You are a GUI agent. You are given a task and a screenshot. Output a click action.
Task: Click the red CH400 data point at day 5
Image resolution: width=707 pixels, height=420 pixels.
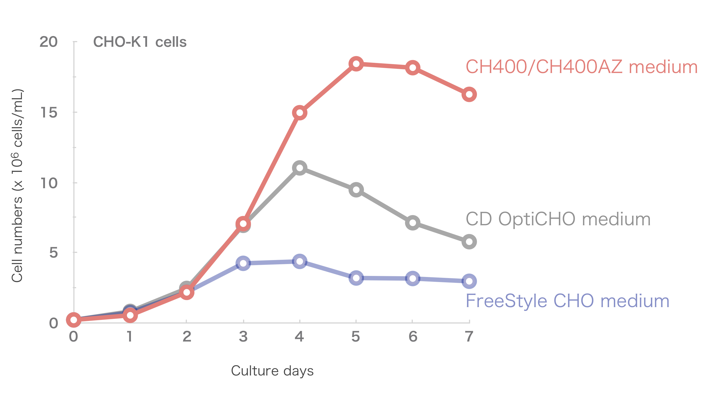point(356,64)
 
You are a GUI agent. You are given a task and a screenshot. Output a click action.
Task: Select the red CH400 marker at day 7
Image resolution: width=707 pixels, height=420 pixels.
point(469,94)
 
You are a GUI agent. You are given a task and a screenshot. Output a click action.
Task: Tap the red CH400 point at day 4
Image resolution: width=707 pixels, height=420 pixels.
point(299,113)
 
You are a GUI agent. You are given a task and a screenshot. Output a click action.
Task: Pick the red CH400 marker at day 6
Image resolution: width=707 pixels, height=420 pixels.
point(412,68)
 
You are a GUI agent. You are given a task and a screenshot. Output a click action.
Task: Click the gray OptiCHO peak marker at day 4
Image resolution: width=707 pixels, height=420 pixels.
point(299,168)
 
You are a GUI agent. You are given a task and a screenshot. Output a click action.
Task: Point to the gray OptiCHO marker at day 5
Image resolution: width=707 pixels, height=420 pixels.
point(356,190)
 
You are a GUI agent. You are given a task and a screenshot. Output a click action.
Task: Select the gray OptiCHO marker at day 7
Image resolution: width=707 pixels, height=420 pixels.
point(469,242)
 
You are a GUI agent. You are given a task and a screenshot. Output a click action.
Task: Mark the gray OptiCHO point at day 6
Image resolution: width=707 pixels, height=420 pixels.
point(412,223)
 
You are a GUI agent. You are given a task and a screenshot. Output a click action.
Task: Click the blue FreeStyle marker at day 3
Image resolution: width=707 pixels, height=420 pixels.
point(243,263)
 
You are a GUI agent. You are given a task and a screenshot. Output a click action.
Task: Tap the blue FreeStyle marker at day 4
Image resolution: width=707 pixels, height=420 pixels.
point(299,261)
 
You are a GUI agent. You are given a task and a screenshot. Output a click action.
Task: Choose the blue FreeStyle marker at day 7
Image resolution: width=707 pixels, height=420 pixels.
point(469,281)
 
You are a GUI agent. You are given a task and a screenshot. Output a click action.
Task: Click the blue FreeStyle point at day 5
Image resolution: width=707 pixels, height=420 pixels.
point(356,278)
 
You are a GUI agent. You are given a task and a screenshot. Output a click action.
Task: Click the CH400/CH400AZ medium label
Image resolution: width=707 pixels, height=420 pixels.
point(581,67)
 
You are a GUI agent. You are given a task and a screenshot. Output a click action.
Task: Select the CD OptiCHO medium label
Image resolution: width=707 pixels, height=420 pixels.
point(558,219)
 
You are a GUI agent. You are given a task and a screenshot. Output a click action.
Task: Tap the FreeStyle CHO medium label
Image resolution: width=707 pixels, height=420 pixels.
point(567,301)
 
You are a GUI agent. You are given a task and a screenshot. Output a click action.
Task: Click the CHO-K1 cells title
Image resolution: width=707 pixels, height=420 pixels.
point(140,42)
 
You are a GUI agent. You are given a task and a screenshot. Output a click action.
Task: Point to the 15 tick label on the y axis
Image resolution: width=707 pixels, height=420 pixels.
point(49,112)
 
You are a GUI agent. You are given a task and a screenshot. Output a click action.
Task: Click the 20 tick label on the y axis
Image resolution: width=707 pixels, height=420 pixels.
point(48,42)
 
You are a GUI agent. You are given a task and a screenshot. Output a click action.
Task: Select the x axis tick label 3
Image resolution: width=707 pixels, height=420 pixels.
point(243,337)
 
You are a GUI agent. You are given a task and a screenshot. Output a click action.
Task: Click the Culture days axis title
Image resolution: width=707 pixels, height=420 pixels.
point(272,371)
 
